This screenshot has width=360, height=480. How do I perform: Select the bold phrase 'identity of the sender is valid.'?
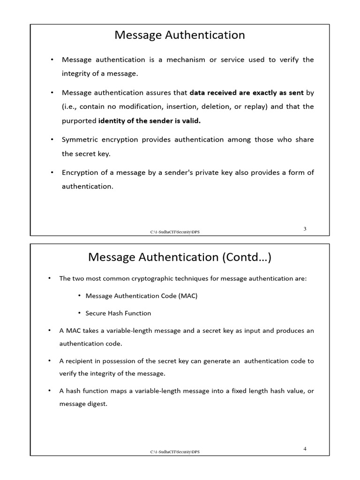[x=149, y=120]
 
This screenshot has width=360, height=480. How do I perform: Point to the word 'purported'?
[x=79, y=120]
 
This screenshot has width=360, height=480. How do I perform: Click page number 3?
[x=305, y=229]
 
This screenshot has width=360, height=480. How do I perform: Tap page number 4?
[x=305, y=449]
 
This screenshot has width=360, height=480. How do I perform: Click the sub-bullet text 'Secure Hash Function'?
[x=118, y=313]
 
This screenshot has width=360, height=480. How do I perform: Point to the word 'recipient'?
[x=80, y=361]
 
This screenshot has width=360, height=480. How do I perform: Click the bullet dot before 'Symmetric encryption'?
[x=52, y=140]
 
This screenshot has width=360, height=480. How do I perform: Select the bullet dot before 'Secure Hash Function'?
[x=80, y=313]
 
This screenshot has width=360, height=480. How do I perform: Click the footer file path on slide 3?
[x=178, y=232]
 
